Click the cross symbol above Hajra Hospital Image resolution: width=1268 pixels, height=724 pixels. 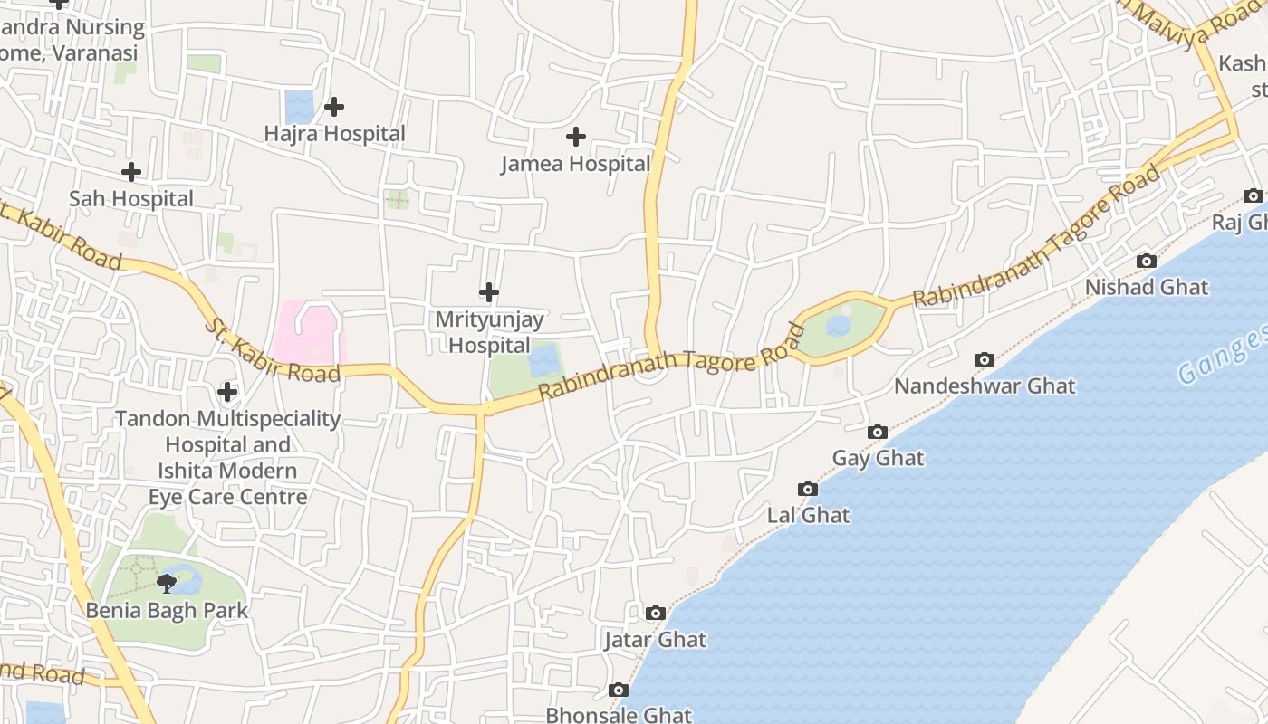click(x=334, y=107)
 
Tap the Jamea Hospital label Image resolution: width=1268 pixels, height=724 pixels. click(x=576, y=164)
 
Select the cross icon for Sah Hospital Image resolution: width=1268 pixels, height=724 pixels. click(x=131, y=172)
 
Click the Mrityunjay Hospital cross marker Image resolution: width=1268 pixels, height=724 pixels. click(x=489, y=292)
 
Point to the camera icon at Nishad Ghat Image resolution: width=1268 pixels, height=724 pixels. click(x=1147, y=262)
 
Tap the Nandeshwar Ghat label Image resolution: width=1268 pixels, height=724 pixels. click(x=985, y=386)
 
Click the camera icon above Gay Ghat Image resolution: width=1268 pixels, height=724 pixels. click(x=877, y=433)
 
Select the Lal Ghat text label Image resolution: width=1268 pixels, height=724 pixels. click(x=808, y=516)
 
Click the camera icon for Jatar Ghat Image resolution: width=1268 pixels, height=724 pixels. click(x=656, y=614)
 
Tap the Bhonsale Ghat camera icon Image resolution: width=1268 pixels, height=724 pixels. click(x=619, y=691)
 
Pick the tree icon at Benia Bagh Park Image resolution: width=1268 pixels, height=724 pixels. click(x=167, y=582)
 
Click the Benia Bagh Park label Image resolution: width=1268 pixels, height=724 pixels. click(x=167, y=611)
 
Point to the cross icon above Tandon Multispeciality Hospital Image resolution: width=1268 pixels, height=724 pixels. click(x=227, y=392)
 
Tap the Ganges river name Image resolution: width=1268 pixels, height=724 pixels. click(x=1223, y=356)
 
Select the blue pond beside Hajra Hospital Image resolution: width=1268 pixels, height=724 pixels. click(x=299, y=107)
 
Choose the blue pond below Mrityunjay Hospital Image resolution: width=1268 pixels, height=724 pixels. click(x=543, y=361)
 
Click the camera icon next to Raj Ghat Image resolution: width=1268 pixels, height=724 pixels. click(x=1254, y=196)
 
